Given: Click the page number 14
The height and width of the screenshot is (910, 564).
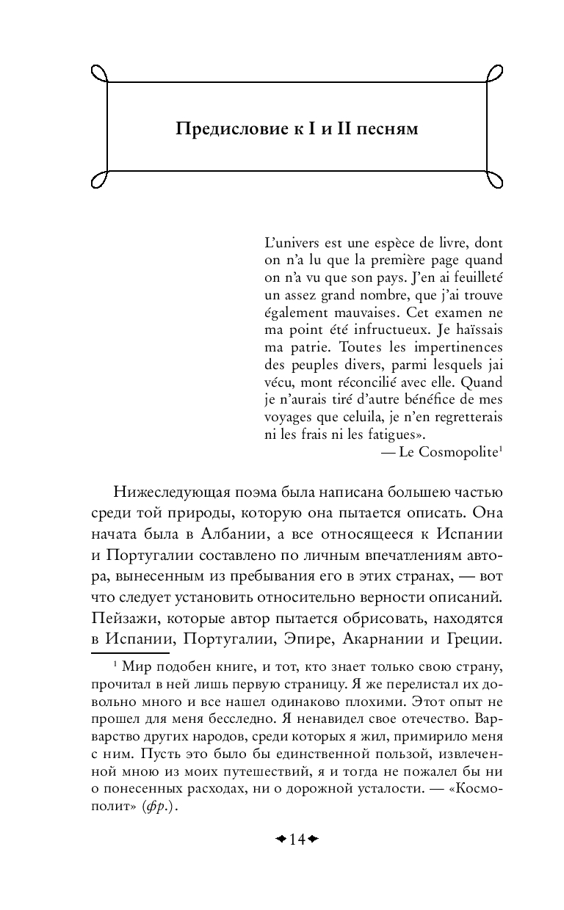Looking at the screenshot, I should click(x=297, y=839).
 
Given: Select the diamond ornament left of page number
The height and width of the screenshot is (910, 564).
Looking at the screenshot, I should click(x=280, y=839).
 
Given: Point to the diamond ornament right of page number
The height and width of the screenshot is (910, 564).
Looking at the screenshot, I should click(x=314, y=839).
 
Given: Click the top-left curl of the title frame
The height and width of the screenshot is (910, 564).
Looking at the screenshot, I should click(x=99, y=73).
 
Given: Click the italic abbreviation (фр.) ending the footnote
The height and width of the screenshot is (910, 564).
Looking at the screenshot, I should click(x=164, y=805).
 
